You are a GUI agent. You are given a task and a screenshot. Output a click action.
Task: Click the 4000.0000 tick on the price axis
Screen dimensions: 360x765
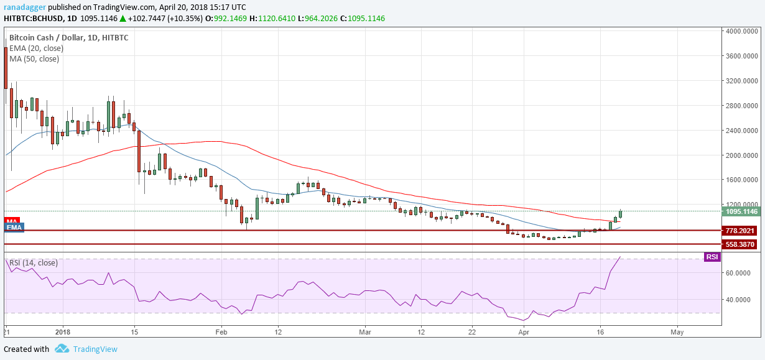pos(741,31)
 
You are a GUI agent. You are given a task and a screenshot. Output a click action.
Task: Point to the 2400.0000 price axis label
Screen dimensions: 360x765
pos(741,131)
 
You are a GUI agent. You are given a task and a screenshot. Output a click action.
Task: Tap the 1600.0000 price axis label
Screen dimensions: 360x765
pos(741,180)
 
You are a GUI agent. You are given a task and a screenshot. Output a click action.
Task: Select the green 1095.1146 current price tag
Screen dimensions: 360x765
pos(741,211)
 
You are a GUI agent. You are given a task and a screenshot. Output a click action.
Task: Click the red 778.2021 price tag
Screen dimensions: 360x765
pos(741,231)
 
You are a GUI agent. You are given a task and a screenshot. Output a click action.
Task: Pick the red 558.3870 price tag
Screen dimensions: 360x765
pos(741,244)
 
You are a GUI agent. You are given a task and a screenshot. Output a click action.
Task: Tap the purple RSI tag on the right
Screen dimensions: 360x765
pos(712,257)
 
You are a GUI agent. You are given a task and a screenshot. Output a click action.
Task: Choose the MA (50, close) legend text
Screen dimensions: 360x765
pos(34,59)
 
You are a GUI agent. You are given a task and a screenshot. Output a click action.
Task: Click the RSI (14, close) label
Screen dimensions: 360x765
pos(34,263)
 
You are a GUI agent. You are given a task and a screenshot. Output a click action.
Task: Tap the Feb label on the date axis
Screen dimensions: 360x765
pos(220,333)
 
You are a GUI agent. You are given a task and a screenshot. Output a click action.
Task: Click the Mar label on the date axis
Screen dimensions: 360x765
pos(365,333)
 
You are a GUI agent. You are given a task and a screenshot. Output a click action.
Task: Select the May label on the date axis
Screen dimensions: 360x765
pos(677,333)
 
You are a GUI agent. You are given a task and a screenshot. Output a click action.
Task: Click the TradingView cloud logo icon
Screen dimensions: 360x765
pos(62,349)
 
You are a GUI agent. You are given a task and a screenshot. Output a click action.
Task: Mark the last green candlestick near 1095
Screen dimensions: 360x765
pos(620,213)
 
